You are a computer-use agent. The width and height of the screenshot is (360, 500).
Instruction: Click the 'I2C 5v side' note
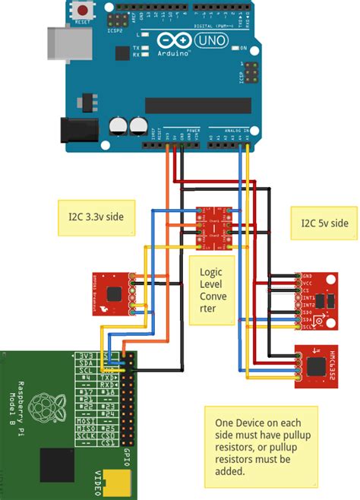tap(321, 223)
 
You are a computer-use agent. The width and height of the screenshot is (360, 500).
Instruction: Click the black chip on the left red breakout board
tap(114, 293)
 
